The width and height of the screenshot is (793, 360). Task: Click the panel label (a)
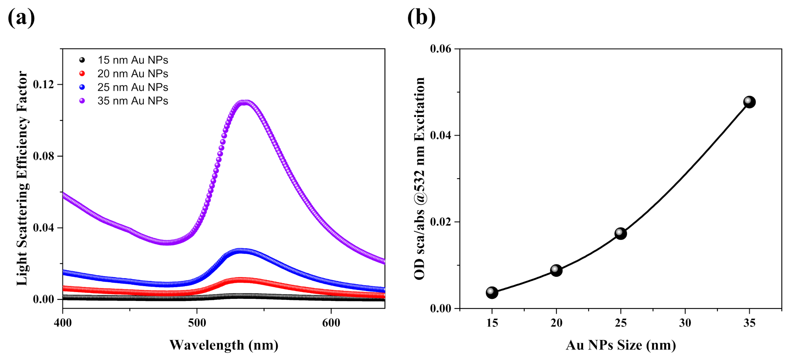[21, 17]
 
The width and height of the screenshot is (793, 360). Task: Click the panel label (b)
[421, 17]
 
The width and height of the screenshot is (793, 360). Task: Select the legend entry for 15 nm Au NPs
[132, 60]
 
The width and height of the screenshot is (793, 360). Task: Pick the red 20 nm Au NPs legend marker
[82, 74]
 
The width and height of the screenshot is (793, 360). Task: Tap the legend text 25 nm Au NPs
[132, 87]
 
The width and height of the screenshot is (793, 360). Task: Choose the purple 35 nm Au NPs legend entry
[132, 101]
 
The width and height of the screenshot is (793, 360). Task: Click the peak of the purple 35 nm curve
[245, 103]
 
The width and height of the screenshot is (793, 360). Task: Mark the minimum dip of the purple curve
[167, 243]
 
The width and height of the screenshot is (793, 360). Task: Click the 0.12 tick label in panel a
[43, 85]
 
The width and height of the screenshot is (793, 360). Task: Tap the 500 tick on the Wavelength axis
[197, 323]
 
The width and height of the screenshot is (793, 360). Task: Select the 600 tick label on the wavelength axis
[331, 323]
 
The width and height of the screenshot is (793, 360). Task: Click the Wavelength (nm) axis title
[224, 345]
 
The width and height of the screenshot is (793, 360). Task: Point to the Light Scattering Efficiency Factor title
[22, 178]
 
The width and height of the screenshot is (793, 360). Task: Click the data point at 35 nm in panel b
[749, 102]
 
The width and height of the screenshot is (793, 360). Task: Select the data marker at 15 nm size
[492, 292]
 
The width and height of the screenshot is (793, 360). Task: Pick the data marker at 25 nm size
[620, 233]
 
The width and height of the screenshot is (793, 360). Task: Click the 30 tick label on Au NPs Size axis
[685, 323]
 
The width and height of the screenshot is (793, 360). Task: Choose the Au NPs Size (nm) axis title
[620, 345]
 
